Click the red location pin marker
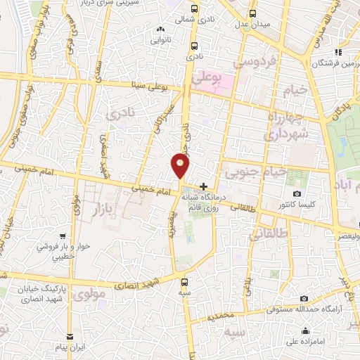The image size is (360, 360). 181,166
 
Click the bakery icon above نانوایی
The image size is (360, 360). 162,30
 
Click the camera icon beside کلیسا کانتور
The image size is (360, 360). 297,193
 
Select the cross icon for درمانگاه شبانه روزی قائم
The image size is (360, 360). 204,187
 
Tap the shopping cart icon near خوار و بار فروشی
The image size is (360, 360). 63,236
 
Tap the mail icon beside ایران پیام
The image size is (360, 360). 70,337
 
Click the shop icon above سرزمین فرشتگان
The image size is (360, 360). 338,51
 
